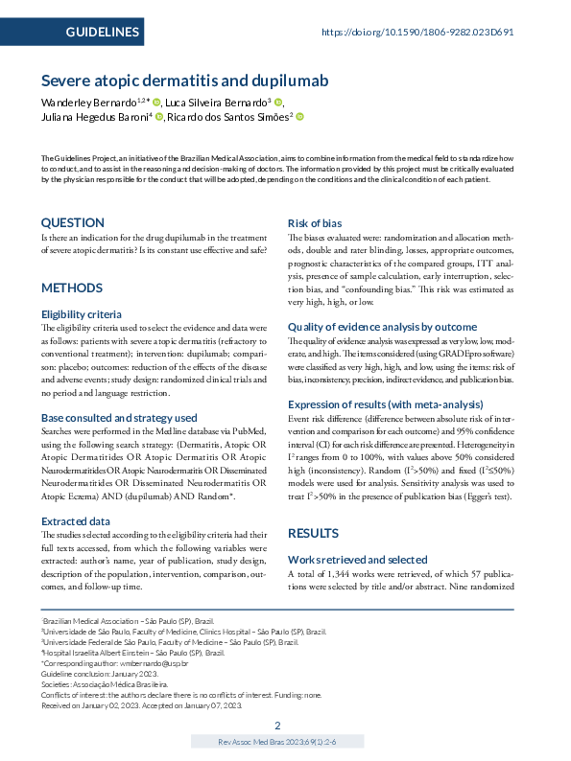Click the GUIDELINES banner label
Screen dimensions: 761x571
(102, 33)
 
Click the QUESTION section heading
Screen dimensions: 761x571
(73, 222)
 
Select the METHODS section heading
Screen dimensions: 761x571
(72, 288)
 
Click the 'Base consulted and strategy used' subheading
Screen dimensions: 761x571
(119, 418)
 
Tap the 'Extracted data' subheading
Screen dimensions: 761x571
(75, 520)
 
